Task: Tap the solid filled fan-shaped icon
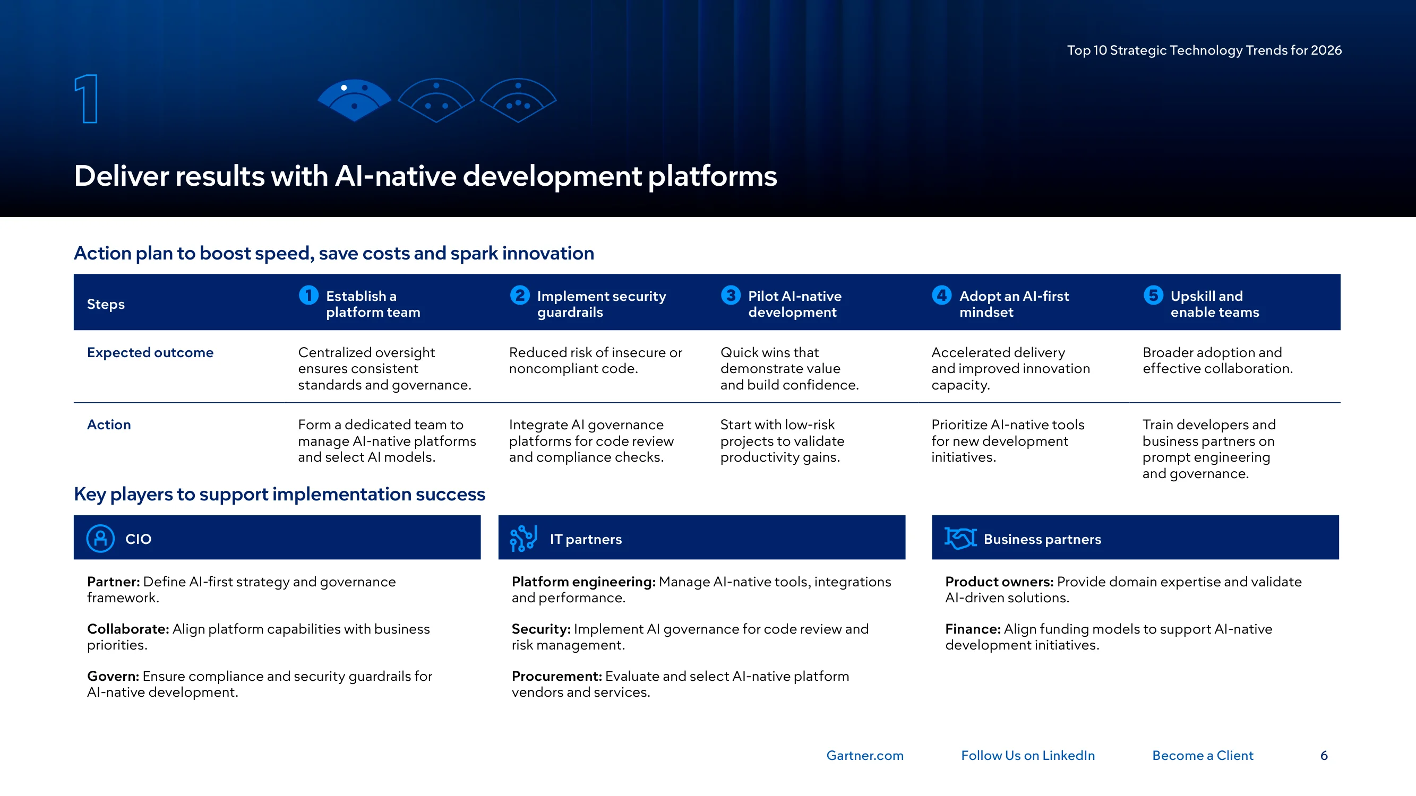click(355, 100)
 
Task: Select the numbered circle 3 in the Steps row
click(731, 295)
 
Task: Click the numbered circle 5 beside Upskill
click(1153, 295)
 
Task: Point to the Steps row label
click(106, 304)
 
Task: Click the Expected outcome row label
click(150, 352)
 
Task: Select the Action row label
click(109, 425)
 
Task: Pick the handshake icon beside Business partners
click(960, 538)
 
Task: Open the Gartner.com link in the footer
click(865, 755)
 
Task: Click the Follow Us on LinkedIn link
click(1028, 755)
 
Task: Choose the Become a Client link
click(1203, 755)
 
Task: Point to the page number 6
click(1324, 755)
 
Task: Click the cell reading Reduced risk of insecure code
click(595, 360)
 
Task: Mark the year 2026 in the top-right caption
click(1326, 50)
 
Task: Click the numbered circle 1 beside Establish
click(308, 295)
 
